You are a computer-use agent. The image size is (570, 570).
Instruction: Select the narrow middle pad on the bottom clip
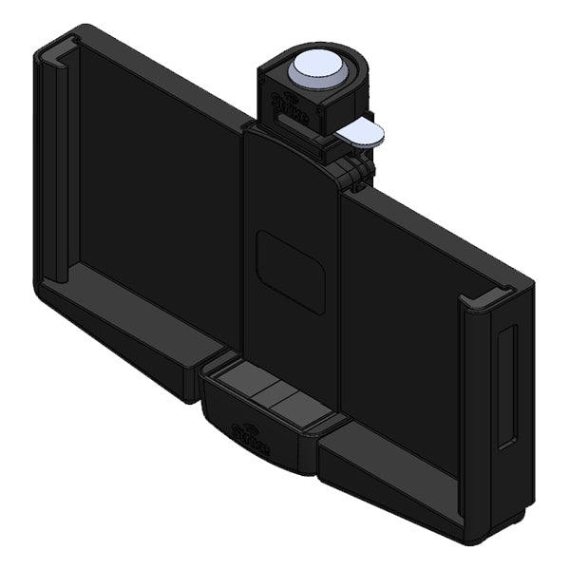point(267,394)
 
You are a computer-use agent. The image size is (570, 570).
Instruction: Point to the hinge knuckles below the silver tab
point(353,171)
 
